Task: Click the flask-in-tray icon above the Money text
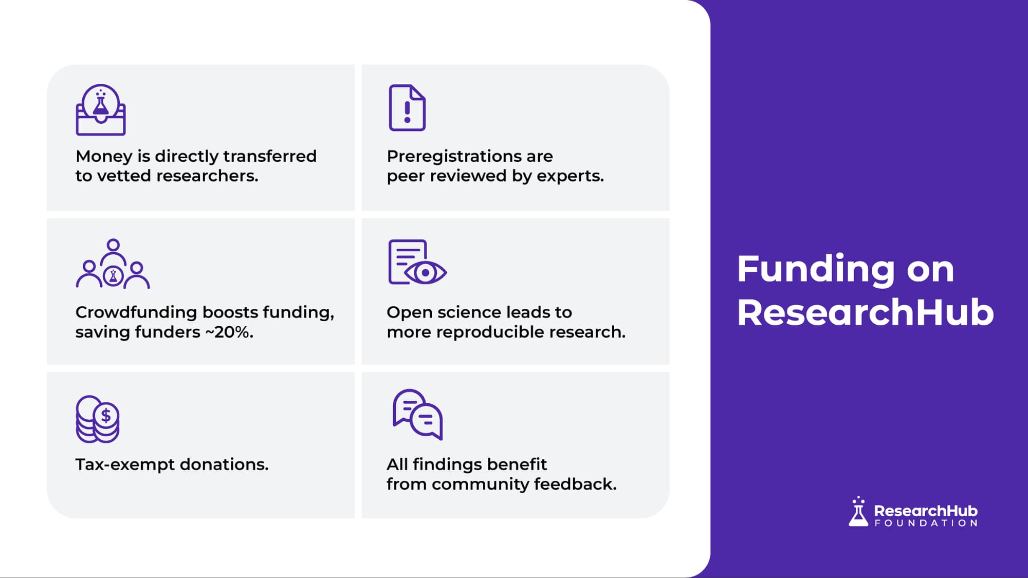(101, 109)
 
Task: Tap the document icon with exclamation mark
(407, 107)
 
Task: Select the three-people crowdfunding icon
(113, 264)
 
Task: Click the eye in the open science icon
(426, 273)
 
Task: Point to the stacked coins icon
(98, 419)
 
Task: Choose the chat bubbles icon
(417, 414)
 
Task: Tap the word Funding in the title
(817, 269)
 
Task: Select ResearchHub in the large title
(866, 312)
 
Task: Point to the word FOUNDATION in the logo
(926, 523)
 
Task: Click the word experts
(571, 176)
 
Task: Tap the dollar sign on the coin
(106, 415)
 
